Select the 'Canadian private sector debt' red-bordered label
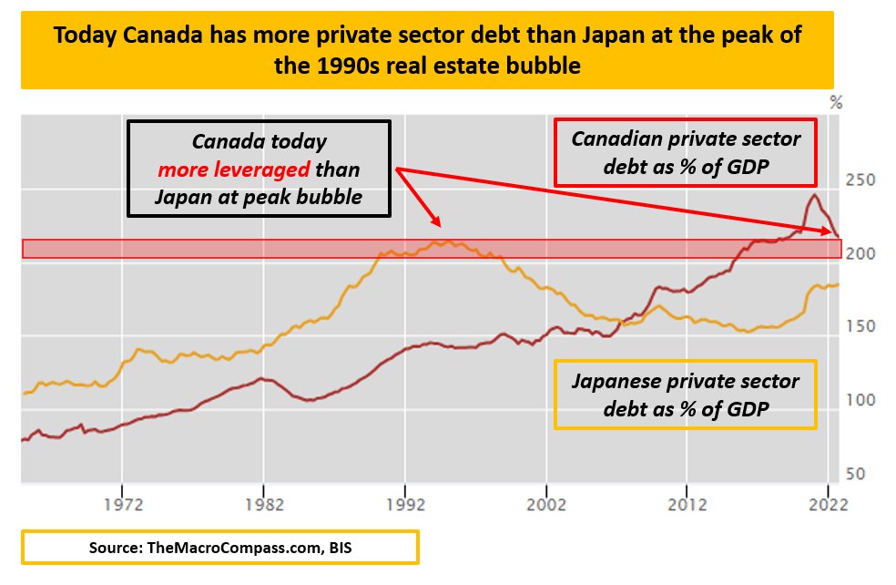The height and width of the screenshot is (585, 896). pos(686,151)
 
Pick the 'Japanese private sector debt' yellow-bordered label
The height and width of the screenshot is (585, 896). pos(685,394)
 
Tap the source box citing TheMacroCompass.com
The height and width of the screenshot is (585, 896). pos(219,549)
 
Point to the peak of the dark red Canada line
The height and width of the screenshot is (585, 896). pos(813,195)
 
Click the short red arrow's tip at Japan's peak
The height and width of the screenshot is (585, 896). pos(439,225)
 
